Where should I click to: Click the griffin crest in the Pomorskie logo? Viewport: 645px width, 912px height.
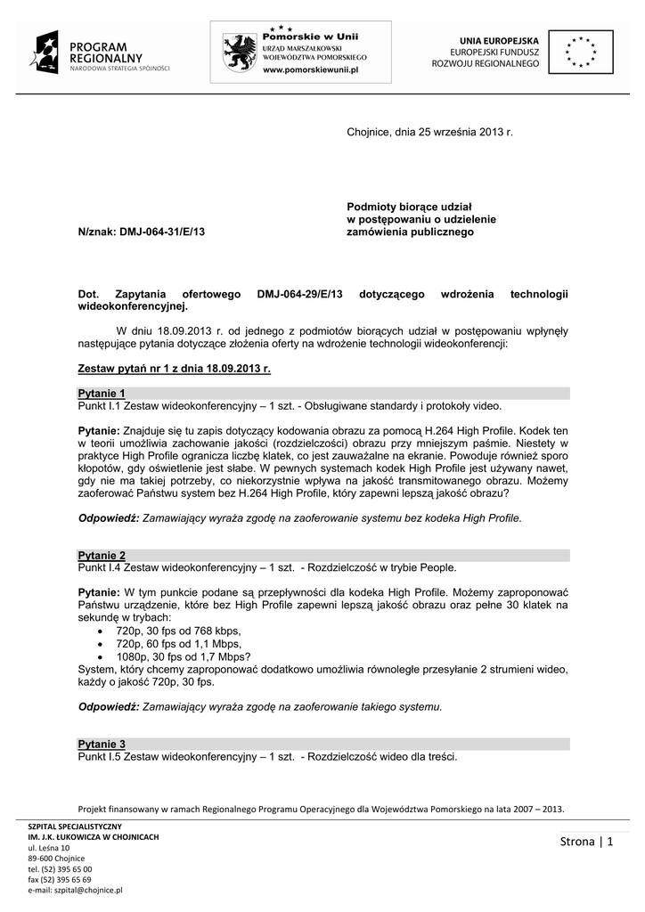tap(241, 52)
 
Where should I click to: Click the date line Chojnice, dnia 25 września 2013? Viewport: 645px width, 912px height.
tap(430, 133)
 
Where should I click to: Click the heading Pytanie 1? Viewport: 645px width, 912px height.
tap(102, 393)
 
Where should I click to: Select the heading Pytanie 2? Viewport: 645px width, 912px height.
tap(102, 555)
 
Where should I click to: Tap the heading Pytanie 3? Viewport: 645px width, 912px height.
tap(102, 744)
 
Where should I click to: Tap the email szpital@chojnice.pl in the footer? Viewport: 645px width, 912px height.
tap(75, 890)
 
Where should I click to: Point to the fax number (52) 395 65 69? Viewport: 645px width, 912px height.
tap(60, 879)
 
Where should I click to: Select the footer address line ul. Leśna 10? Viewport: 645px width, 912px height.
tap(50, 848)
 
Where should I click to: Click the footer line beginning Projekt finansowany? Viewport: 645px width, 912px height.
tap(322, 810)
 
